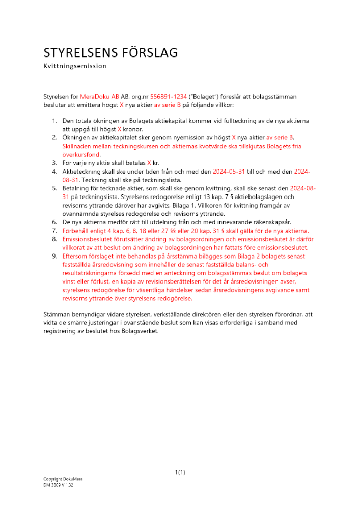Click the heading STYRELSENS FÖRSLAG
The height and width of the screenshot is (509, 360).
point(110,52)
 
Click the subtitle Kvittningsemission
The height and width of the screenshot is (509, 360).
point(75,66)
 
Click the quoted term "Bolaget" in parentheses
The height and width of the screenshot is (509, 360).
point(203,96)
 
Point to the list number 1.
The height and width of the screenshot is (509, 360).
point(54,121)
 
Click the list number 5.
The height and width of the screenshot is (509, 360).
point(54,188)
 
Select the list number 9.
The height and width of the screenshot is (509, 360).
point(54,256)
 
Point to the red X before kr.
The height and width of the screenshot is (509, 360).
point(149,163)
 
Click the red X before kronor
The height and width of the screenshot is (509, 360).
point(119,129)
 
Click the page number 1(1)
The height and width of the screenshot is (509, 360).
point(180,472)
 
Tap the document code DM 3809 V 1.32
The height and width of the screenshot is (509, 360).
point(59,485)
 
